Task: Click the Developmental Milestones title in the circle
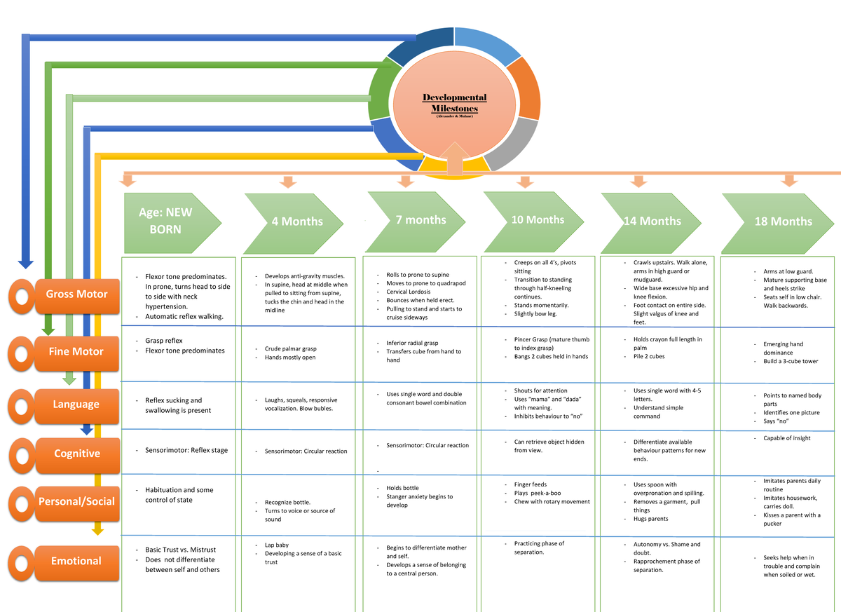454,103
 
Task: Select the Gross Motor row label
76,294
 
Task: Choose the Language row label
76,404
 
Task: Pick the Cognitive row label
76,454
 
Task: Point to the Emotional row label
76,561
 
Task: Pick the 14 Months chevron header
652,221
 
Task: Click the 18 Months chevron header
781,221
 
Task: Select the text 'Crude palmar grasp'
290,348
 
